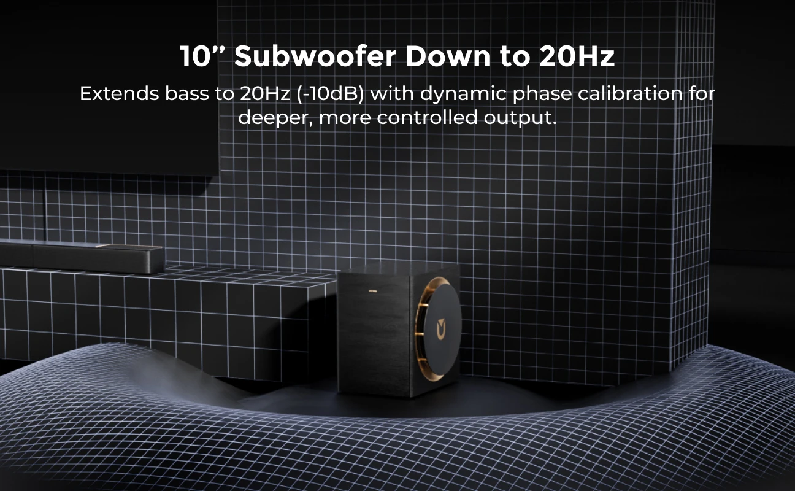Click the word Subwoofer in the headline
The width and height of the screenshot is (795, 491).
click(315, 56)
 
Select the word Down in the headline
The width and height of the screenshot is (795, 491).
click(448, 56)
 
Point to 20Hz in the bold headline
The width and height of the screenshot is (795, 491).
click(577, 56)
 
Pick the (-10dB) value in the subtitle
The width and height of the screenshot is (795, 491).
click(330, 95)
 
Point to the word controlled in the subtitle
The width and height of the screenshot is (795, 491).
click(427, 117)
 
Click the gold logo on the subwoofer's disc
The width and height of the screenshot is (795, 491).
click(441, 329)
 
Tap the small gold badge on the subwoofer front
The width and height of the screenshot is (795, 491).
click(373, 291)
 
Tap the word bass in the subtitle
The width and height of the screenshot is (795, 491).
click(186, 94)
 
